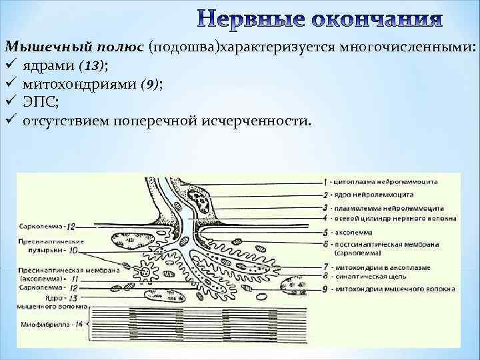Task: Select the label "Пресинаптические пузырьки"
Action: tap(41, 245)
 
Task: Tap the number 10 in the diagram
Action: tap(73, 251)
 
